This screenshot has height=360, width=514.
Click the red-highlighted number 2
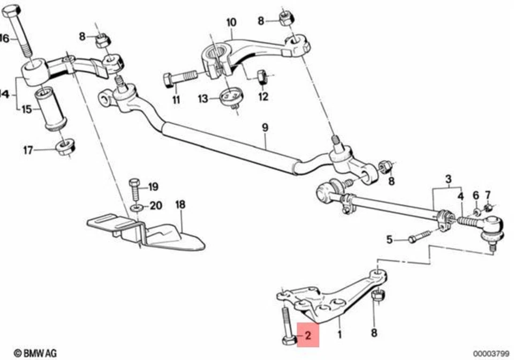pos(308,336)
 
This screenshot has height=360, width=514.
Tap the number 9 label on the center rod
pos(264,128)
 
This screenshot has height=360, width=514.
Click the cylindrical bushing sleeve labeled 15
pos(52,110)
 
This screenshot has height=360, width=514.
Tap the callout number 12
pos(262,97)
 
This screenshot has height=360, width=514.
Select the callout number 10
pos(231,22)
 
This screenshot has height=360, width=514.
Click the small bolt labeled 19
pos(134,187)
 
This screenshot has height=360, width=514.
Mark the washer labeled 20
pos(137,206)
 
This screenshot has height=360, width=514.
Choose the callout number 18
pos(180,205)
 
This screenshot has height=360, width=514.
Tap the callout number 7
pos(487,194)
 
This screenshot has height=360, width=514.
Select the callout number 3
pos(449,178)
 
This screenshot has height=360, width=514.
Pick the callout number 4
pos(460,195)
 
